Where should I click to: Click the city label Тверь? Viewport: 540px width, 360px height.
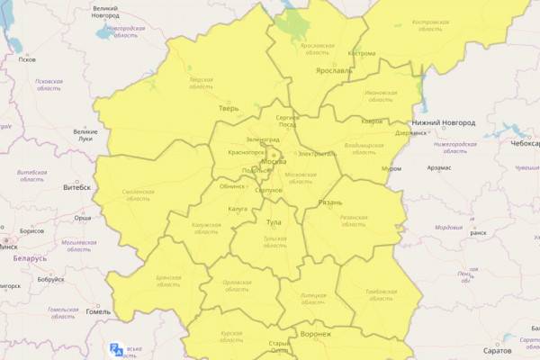(228, 108)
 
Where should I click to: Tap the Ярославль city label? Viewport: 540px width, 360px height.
(332, 69)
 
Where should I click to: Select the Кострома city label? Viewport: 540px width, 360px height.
(361, 53)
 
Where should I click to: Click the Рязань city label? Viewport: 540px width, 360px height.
(330, 203)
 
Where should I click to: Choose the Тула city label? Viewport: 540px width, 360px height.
(274, 221)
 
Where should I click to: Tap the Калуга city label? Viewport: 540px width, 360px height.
(238, 209)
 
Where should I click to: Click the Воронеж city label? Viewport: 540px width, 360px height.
(316, 334)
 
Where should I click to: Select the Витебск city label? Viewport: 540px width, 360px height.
(76, 187)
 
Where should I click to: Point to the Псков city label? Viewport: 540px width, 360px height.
(27, 60)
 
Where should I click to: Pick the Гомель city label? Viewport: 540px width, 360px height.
(98, 312)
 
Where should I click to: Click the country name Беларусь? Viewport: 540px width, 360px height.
(30, 258)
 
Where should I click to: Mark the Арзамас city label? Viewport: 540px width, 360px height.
(445, 167)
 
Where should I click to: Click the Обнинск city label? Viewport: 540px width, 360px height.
(232, 186)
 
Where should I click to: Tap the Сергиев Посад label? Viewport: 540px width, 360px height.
(286, 121)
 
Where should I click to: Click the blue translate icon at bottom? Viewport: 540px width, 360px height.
(116, 350)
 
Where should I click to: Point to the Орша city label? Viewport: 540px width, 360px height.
(83, 218)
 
